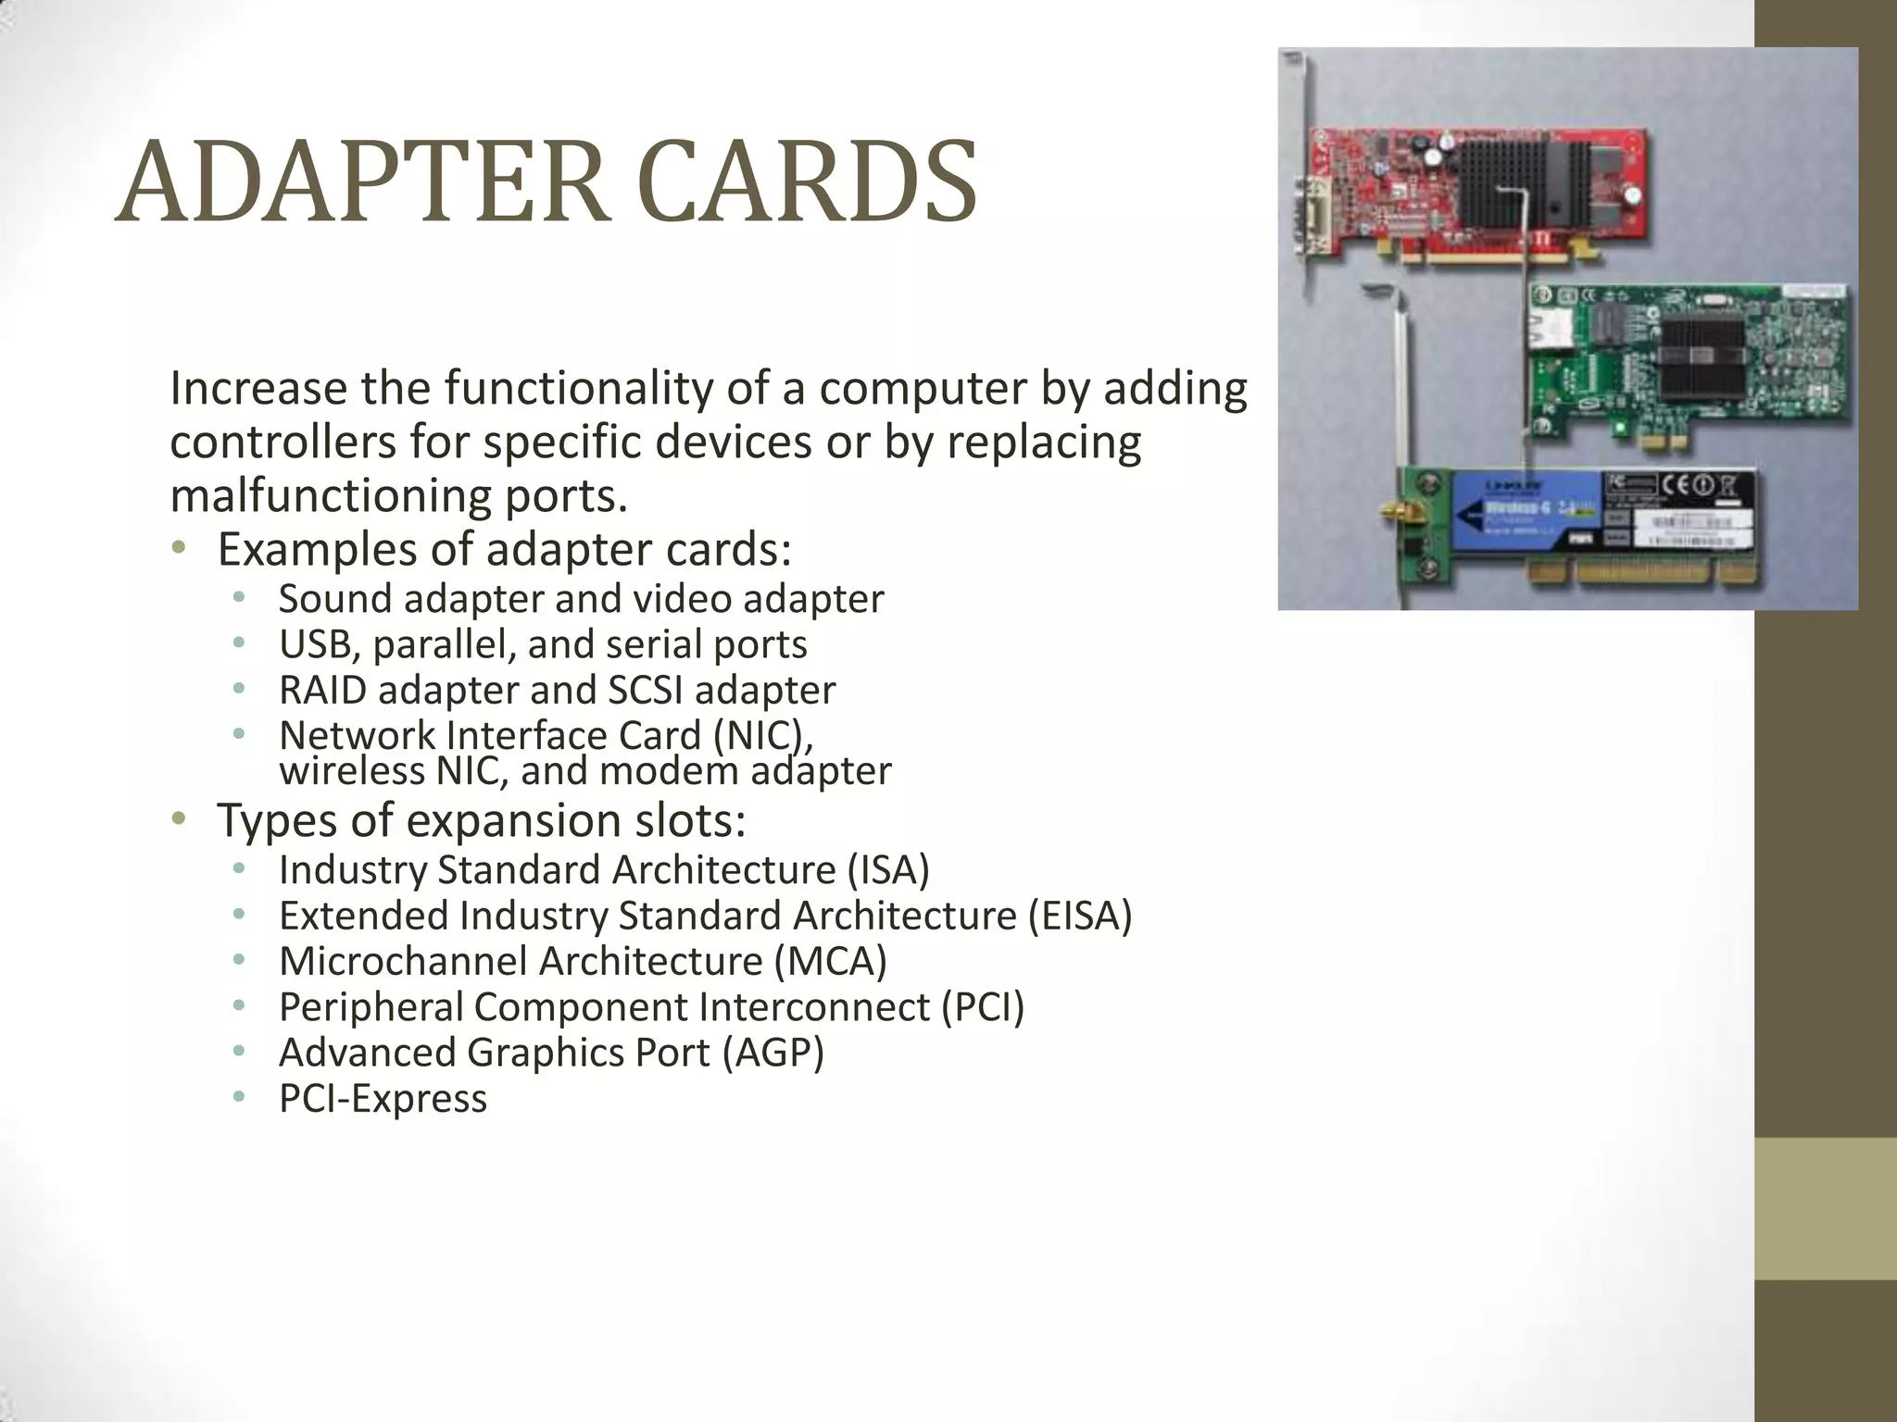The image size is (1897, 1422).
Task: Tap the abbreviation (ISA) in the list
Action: [887, 870]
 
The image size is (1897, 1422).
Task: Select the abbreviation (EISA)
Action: [1080, 916]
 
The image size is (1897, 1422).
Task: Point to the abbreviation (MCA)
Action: [830, 961]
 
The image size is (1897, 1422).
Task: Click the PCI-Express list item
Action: [383, 1099]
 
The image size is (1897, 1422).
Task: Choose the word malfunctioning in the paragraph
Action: [330, 496]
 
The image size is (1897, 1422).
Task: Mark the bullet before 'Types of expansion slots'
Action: [179, 818]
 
